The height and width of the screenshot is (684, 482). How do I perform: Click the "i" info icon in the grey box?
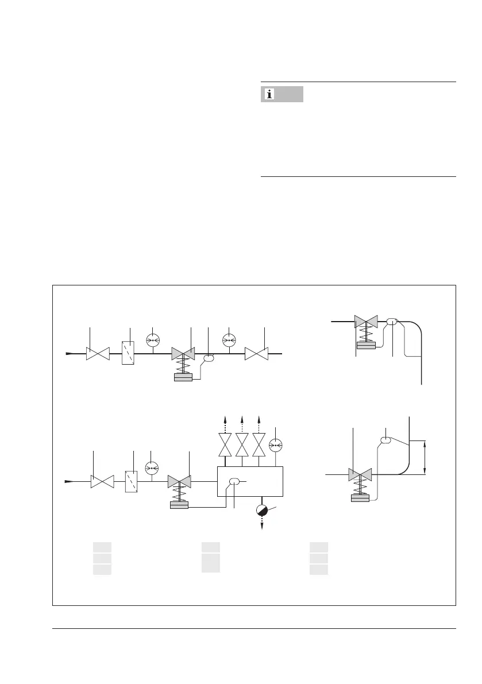(268, 94)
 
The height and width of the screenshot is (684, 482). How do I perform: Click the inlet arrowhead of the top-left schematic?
(68, 353)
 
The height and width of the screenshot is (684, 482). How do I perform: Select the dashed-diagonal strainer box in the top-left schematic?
(129, 354)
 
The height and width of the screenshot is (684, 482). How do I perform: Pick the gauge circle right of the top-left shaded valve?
(230, 340)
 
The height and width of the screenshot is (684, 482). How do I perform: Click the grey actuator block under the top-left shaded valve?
(183, 378)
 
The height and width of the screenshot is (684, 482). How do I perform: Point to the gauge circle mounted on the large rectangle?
(276, 444)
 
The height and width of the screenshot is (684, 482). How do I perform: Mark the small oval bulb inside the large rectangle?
(234, 481)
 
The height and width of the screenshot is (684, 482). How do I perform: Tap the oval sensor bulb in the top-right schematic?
(393, 322)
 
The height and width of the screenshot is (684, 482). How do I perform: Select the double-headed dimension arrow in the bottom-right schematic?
(425, 457)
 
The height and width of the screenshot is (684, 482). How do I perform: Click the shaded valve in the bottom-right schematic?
(360, 475)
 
